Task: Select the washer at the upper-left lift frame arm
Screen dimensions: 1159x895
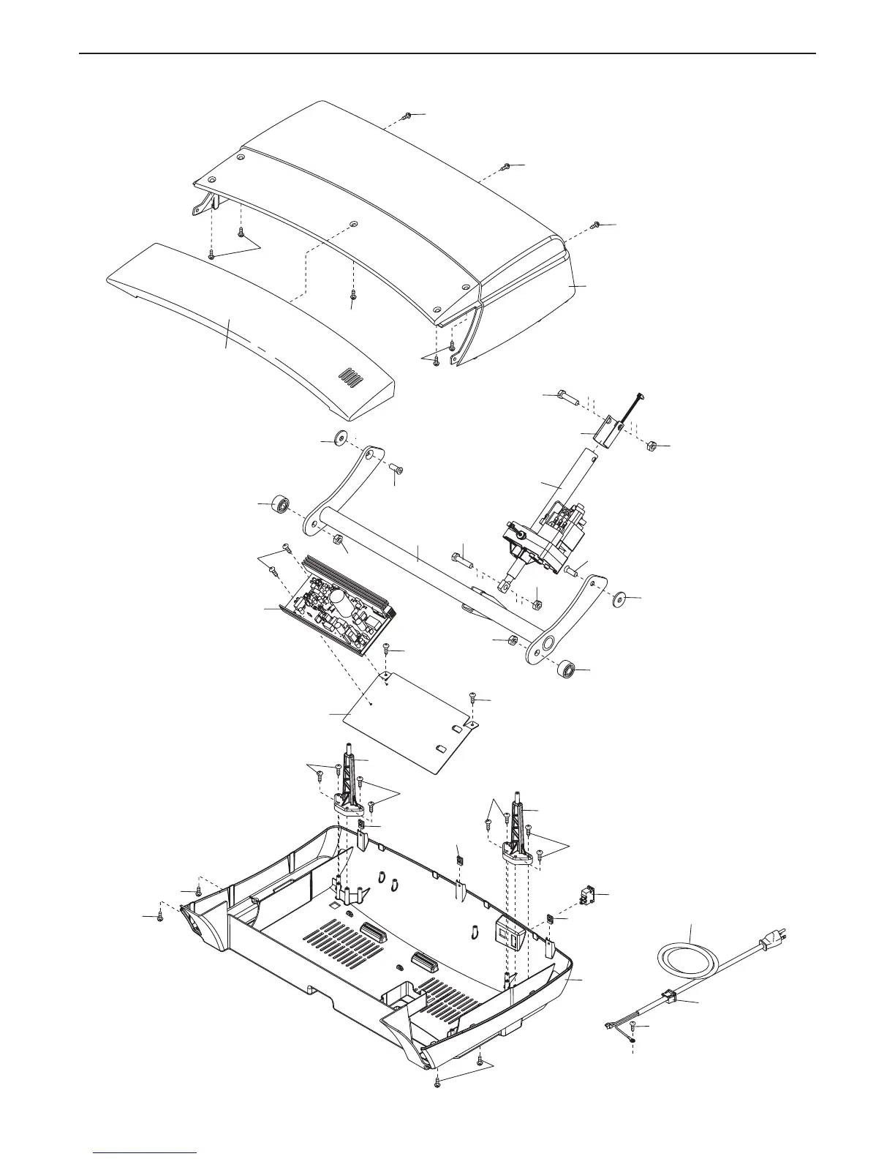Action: point(340,440)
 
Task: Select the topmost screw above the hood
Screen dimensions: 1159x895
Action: point(408,116)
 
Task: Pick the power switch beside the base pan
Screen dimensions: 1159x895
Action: point(586,896)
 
